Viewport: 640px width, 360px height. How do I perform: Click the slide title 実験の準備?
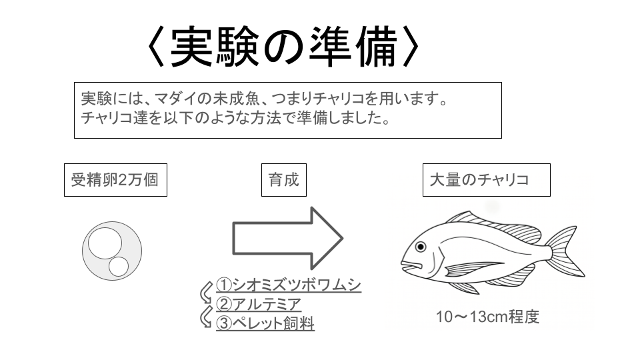pyautogui.click(x=283, y=47)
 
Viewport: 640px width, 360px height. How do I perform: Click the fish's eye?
pyautogui.click(x=421, y=247)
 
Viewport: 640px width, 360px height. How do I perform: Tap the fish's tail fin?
pyautogui.click(x=565, y=251)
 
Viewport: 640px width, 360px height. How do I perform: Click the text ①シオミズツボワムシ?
pyautogui.click(x=289, y=285)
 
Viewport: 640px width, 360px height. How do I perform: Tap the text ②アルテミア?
pyautogui.click(x=259, y=304)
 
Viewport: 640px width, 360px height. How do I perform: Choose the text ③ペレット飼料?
pyautogui.click(x=265, y=323)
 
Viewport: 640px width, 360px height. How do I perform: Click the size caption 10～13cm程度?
pyautogui.click(x=488, y=317)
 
